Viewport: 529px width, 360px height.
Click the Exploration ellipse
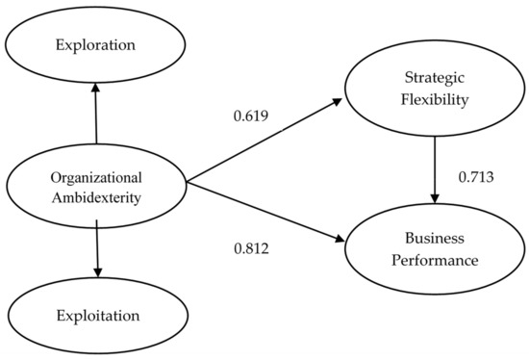pyautogui.click(x=96, y=44)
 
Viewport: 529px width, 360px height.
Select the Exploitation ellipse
pyautogui.click(x=96, y=315)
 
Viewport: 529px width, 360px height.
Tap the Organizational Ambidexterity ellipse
pyautogui.click(x=96, y=187)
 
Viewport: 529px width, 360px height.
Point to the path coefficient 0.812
pyautogui.click(x=251, y=248)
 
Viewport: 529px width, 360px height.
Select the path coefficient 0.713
pyautogui.click(x=476, y=177)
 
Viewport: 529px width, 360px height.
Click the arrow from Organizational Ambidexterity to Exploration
pyautogui.click(x=96, y=114)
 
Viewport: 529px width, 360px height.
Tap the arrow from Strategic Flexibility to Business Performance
pyautogui.click(x=436, y=169)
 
